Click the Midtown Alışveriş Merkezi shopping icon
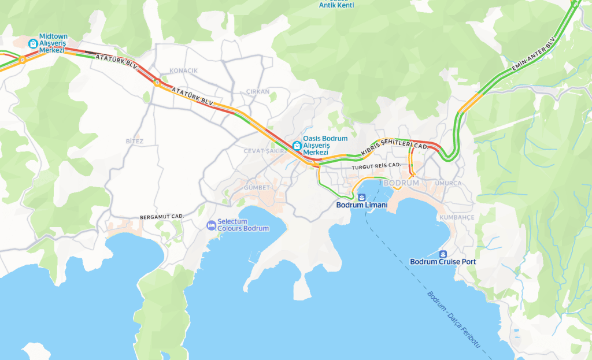point(33,43)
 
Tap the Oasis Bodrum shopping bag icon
point(297,145)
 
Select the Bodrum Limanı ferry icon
point(362,197)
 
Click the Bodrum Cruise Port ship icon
point(443,254)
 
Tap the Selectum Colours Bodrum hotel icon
point(212,225)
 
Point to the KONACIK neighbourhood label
point(183,70)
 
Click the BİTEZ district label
point(134,141)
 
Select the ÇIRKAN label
point(258,92)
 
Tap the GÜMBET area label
point(257,188)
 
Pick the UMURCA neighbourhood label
point(449,183)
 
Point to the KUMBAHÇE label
point(457,217)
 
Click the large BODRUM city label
point(401,183)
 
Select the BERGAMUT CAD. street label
point(161,217)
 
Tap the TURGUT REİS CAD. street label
point(376,166)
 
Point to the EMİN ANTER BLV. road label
point(533,55)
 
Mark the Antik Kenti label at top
point(336,5)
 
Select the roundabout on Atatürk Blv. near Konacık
point(157,82)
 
